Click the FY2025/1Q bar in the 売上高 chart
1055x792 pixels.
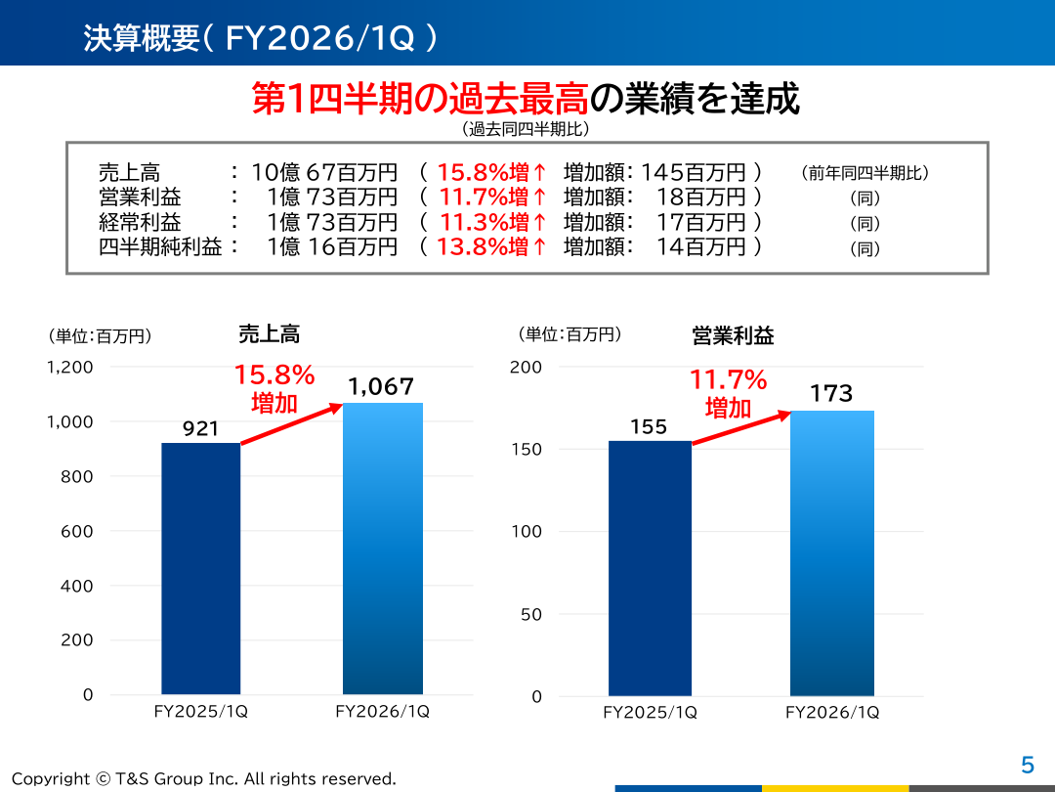[x=200, y=568]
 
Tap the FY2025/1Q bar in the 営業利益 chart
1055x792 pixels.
[x=650, y=568]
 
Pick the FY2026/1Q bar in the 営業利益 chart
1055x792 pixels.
[x=831, y=552]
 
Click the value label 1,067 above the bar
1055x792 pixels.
[x=381, y=387]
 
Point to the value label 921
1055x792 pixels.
[x=200, y=428]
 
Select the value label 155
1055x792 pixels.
[x=649, y=426]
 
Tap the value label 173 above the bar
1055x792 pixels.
[x=831, y=394]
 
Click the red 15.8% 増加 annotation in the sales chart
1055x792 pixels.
[x=274, y=388]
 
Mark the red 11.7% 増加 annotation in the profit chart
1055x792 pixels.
[x=729, y=393]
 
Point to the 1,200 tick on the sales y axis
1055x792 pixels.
[x=69, y=368]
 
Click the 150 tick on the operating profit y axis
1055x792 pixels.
[x=527, y=450]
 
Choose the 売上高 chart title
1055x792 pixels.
[x=269, y=334]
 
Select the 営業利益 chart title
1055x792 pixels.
[x=733, y=336]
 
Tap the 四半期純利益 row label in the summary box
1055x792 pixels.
[x=160, y=247]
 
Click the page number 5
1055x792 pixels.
[x=1027, y=766]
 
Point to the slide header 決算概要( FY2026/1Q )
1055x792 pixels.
[x=260, y=37]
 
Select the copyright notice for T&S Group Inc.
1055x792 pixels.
[x=203, y=778]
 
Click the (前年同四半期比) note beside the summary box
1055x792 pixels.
[x=865, y=173]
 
